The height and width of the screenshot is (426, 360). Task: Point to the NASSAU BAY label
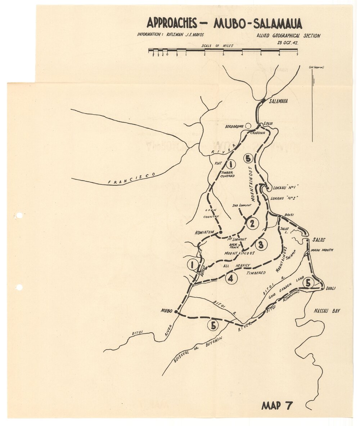pyautogui.click(x=327, y=311)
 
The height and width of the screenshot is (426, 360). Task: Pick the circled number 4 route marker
pyautogui.click(x=231, y=278)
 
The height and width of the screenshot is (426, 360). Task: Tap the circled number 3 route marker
pyautogui.click(x=261, y=245)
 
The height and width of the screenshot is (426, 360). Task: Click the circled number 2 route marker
pyautogui.click(x=252, y=223)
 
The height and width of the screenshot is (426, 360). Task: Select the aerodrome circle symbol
pyautogui.click(x=248, y=126)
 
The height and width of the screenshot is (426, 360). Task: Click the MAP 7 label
pyautogui.click(x=277, y=405)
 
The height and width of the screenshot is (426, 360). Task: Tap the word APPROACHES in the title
pyautogui.click(x=172, y=23)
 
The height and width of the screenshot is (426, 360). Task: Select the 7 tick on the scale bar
pyautogui.click(x=297, y=54)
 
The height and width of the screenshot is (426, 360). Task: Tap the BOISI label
pyautogui.click(x=289, y=215)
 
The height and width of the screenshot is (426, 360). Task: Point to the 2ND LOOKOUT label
pyautogui.click(x=242, y=205)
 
